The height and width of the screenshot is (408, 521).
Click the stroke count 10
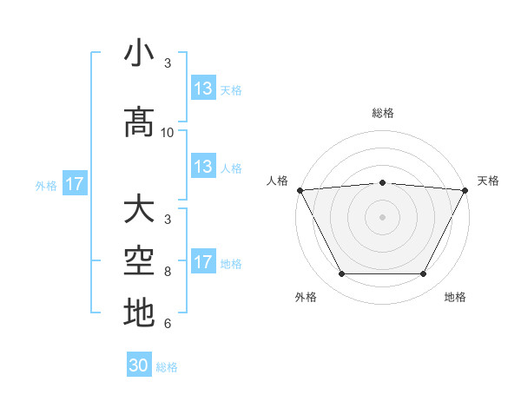168,133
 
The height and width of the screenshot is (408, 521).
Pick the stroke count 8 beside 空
168,271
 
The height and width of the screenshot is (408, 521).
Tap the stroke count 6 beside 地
168,325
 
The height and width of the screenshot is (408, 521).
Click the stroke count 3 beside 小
168,63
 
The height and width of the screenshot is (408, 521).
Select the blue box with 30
139,366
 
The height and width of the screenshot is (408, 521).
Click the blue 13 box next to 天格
203,89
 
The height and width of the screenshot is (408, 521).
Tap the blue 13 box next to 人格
203,167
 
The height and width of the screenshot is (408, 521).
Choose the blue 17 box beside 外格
74,184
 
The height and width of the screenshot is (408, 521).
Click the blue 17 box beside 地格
203,262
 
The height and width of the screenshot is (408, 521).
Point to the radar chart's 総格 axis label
382,113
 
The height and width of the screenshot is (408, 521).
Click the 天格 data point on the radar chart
465,190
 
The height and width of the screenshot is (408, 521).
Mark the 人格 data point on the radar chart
300,190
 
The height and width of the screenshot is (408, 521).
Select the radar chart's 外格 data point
341,274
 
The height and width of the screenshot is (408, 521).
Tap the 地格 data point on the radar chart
424,274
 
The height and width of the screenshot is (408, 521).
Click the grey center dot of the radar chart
382,217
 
